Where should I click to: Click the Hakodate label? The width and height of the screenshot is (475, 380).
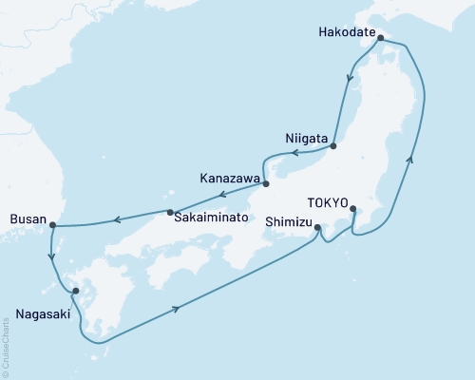click(x=345, y=30)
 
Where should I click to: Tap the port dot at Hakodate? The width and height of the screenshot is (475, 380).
click(x=381, y=39)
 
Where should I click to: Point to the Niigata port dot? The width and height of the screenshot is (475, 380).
click(x=334, y=145)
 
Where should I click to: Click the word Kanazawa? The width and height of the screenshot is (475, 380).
click(x=229, y=176)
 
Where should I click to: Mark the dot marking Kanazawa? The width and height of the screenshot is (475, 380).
click(x=266, y=184)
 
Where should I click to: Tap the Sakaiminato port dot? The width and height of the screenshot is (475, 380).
click(x=170, y=212)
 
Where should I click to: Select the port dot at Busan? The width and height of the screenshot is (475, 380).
click(x=52, y=226)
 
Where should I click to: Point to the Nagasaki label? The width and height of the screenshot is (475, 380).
click(x=42, y=310)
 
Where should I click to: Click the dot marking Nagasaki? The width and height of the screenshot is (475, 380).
click(x=75, y=292)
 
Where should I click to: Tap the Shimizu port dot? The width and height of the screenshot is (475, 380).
click(x=317, y=227)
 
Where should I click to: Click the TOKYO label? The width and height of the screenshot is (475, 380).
click(x=329, y=201)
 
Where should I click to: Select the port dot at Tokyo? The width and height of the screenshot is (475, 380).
click(x=353, y=209)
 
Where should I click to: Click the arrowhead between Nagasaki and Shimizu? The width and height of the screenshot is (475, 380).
click(x=178, y=308)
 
